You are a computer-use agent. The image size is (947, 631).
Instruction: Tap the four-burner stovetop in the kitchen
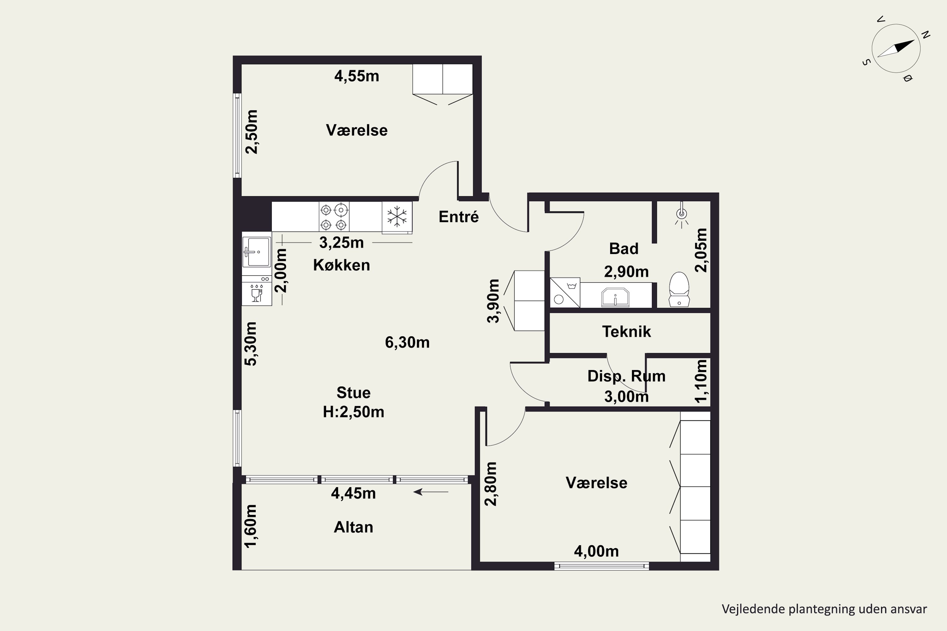coord(334,216)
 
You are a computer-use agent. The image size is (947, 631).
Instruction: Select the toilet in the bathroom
coord(679,289)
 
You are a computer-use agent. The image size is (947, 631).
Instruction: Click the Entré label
coord(459,217)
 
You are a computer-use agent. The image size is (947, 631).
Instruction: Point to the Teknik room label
coord(627,332)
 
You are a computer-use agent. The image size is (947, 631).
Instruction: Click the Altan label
coord(354,527)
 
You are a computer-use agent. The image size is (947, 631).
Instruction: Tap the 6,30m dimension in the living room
coord(407,342)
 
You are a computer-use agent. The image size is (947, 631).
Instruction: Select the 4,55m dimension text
coord(357,76)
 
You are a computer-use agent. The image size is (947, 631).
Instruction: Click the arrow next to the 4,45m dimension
coord(431,492)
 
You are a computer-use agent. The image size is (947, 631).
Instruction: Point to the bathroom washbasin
coord(615,297)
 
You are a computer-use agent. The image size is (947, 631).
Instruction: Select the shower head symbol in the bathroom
coord(681,215)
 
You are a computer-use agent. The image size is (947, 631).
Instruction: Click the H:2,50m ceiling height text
coord(354,412)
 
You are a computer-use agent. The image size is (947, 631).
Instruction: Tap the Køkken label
coord(342,265)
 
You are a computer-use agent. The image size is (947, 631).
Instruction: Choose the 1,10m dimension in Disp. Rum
coord(701,381)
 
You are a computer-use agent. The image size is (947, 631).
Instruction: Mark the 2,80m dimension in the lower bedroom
coord(491,484)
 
